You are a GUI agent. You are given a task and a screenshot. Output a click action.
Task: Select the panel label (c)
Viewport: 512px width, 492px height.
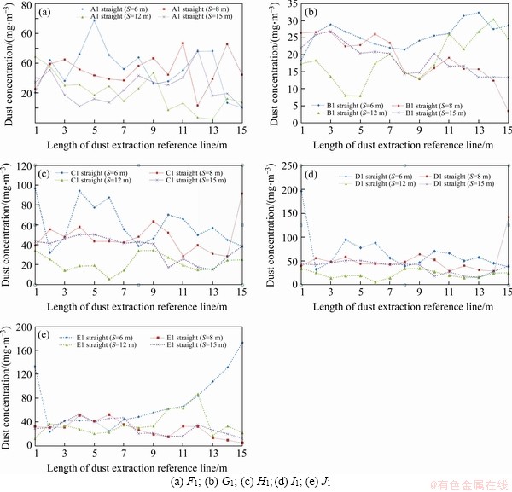[44, 174]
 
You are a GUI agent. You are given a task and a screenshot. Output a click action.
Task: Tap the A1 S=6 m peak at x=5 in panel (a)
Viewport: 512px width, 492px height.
[95, 18]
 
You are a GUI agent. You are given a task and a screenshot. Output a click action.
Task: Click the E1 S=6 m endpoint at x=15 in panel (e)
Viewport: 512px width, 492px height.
[241, 343]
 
